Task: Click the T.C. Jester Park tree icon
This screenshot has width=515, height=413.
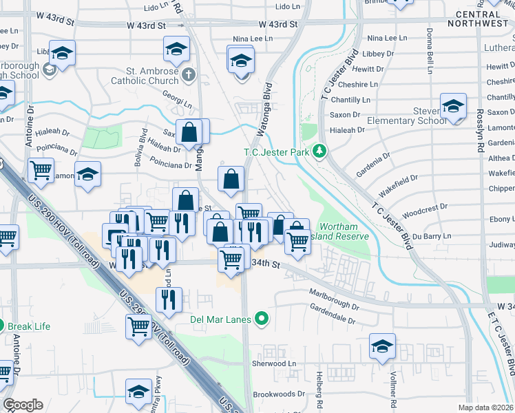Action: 319,150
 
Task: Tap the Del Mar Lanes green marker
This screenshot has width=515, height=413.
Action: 261,319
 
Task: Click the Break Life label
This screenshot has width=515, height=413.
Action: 29,326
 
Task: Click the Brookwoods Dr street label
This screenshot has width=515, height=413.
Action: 279,394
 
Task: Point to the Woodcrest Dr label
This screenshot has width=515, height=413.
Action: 425,206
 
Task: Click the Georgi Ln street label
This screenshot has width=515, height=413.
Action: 178,103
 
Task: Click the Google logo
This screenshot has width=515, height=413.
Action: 23,404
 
